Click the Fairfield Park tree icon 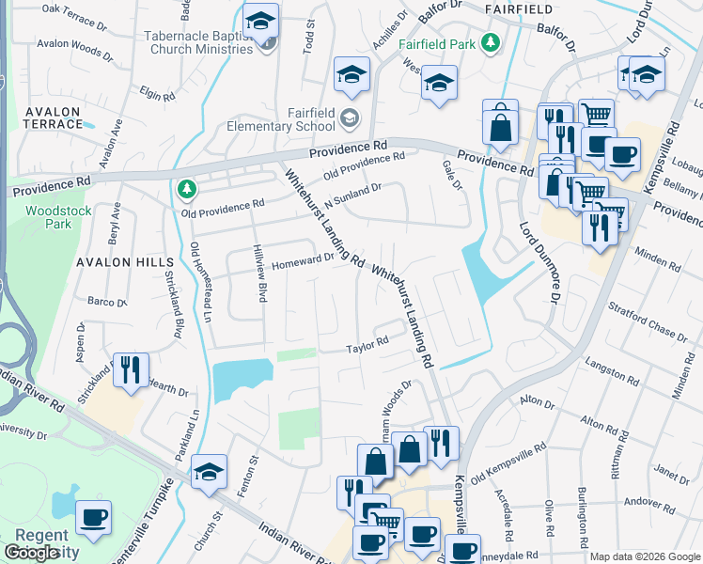490,43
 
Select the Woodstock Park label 58,217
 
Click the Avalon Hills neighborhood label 126,262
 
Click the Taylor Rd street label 367,345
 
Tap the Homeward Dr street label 303,261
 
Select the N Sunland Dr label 352,194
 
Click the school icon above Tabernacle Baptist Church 260,20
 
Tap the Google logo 31,552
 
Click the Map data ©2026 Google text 644,556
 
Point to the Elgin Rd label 157,94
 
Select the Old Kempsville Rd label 508,464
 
